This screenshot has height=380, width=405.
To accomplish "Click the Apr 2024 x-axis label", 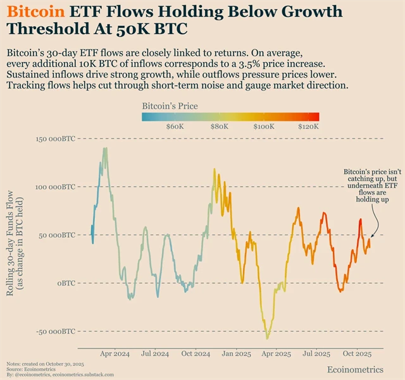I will [115, 354].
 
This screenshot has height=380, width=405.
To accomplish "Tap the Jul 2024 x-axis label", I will [154, 354].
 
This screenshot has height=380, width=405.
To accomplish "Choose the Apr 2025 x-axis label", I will [276, 354].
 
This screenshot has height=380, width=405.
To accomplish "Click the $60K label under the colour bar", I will [175, 126].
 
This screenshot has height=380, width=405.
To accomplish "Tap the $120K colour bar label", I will [308, 126].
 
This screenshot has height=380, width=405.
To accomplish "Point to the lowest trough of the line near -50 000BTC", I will [268, 338].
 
